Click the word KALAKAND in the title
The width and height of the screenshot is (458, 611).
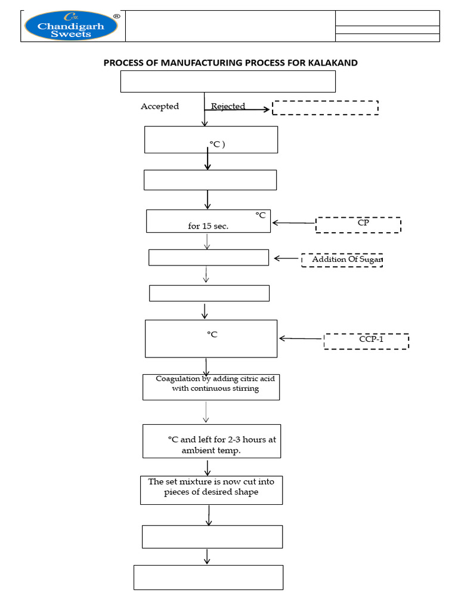(330, 62)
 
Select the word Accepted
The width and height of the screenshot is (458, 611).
(159, 106)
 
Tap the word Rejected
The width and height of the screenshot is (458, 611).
(228, 106)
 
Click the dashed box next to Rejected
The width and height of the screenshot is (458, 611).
(325, 107)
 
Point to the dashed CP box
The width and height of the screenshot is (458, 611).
(358, 224)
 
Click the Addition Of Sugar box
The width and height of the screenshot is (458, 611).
(342, 260)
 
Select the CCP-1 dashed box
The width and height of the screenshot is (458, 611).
(366, 341)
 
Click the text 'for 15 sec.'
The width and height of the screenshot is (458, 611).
(208, 226)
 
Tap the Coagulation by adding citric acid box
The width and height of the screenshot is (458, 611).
(211, 387)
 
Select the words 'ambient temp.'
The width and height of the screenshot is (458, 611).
(211, 450)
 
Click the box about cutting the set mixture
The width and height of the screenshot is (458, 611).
(211, 489)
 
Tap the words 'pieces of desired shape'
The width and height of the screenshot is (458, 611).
(211, 492)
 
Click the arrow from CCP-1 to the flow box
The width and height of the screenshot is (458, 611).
(301, 338)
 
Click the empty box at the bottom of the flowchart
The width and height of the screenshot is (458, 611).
(208, 577)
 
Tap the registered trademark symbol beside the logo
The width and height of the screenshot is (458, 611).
(117, 17)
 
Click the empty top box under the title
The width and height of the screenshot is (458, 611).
(228, 81)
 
